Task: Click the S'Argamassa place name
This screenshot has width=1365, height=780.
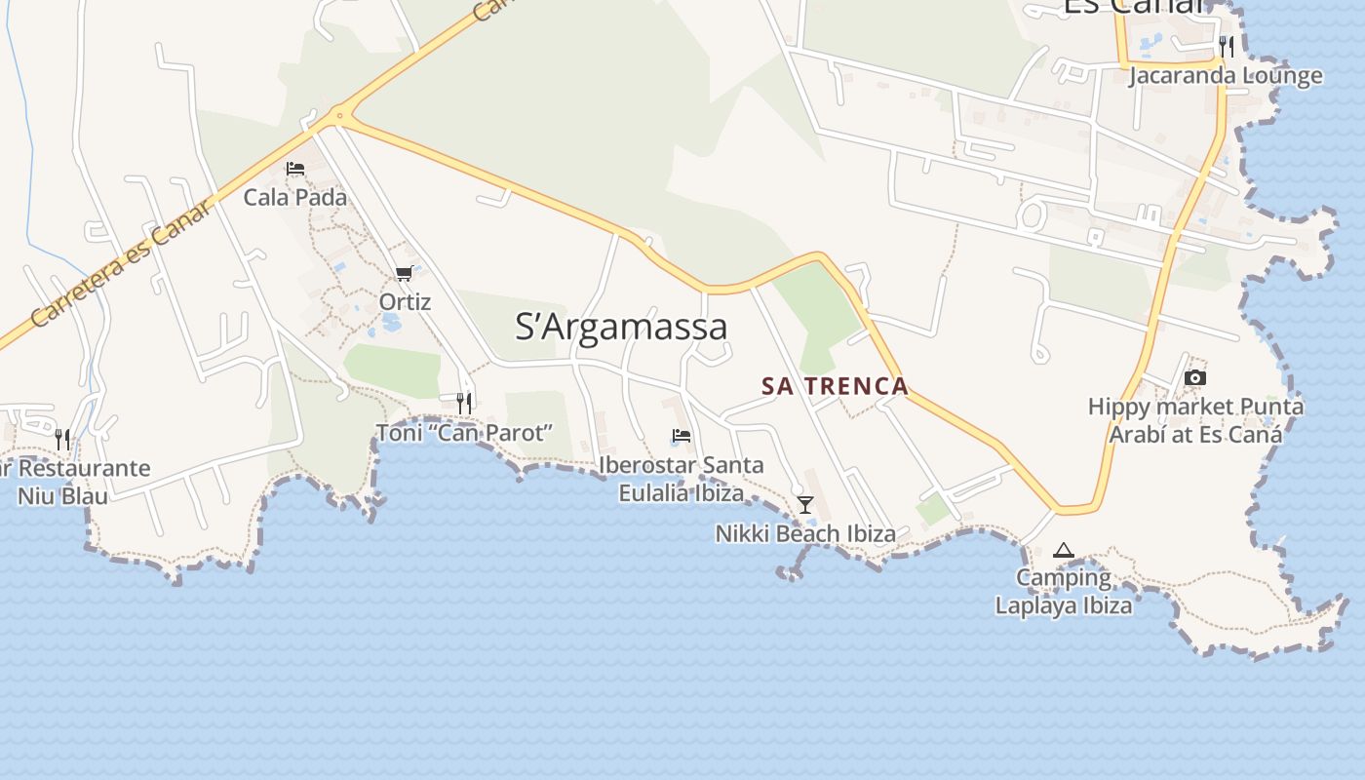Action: click(x=621, y=327)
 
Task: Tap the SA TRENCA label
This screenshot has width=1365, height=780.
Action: click(x=835, y=386)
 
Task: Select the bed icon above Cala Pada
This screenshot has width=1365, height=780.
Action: click(x=295, y=169)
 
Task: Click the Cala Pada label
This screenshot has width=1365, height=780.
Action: click(x=294, y=197)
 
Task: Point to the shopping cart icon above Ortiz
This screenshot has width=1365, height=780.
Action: click(x=405, y=274)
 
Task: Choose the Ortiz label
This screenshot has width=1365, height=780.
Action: click(x=405, y=301)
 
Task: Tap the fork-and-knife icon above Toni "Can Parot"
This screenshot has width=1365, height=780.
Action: click(x=464, y=402)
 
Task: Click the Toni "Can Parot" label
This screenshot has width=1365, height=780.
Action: click(x=465, y=432)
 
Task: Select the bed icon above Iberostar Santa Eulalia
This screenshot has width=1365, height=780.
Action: click(x=682, y=435)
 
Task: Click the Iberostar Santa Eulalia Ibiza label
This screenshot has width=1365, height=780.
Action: click(x=682, y=479)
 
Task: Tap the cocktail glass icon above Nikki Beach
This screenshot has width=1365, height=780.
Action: click(x=805, y=504)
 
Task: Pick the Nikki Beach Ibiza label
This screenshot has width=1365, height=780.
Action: click(x=805, y=533)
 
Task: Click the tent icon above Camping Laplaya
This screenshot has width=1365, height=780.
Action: click(x=1064, y=551)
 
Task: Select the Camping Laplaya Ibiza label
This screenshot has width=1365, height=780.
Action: click(x=1064, y=591)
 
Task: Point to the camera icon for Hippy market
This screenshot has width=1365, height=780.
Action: click(x=1195, y=377)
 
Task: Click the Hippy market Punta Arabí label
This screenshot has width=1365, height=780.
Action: click(x=1195, y=420)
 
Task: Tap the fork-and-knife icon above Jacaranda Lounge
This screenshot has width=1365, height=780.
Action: click(x=1227, y=46)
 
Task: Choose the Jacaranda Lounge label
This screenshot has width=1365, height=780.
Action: click(x=1226, y=75)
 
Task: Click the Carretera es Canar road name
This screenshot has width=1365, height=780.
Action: click(x=121, y=263)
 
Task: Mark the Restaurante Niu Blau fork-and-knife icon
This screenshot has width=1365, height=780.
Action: click(x=62, y=439)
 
